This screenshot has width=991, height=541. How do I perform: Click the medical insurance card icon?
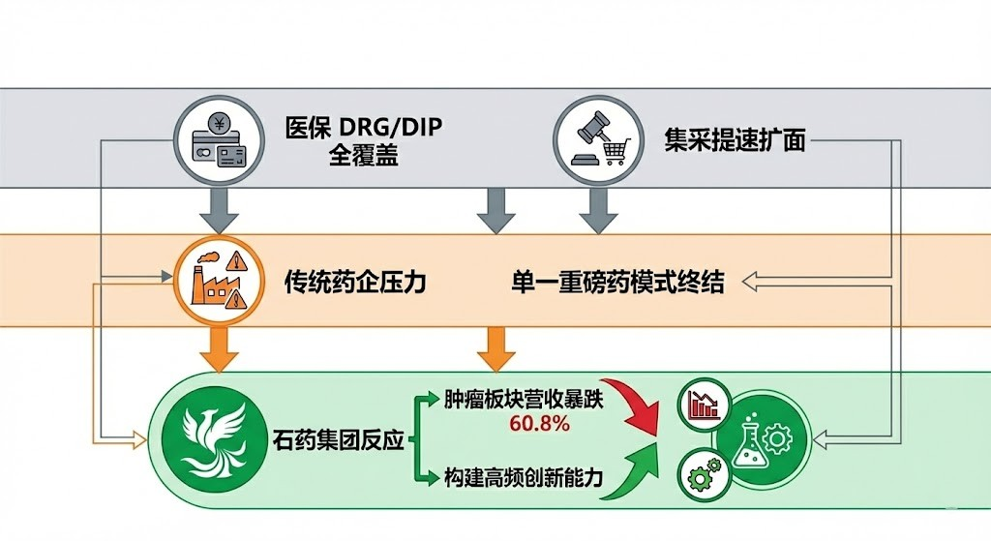click(221, 142)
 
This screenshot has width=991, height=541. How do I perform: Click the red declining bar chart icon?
click(704, 404)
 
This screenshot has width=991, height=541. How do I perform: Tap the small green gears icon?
click(704, 475)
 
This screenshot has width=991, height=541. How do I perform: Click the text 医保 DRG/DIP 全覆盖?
click(364, 141)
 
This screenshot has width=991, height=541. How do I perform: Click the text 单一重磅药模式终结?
click(617, 283)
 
